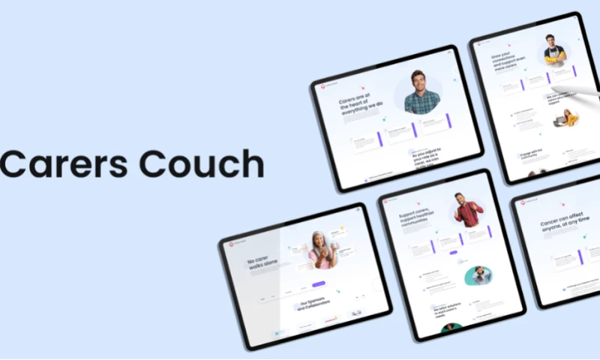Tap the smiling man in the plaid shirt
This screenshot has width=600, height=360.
421,93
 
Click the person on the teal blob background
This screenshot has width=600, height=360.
478,275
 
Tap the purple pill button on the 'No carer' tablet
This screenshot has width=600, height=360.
319,284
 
